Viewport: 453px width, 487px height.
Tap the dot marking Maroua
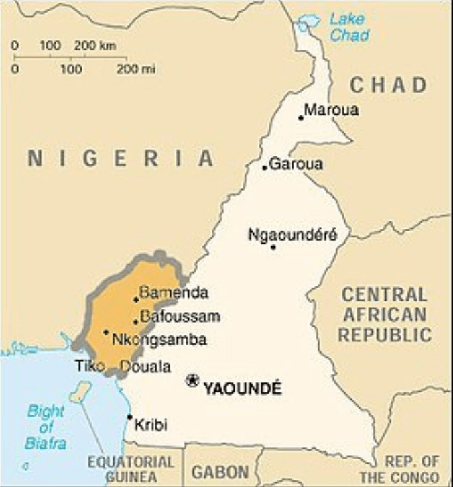[x=301, y=118]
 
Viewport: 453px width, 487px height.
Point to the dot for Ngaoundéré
[x=273, y=247]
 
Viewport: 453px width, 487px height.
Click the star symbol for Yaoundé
[x=192, y=380]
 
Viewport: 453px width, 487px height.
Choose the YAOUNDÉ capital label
[x=242, y=388]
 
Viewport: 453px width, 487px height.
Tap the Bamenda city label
[x=174, y=292]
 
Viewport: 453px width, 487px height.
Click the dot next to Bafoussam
[x=136, y=321]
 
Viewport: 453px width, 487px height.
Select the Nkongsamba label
[x=159, y=339]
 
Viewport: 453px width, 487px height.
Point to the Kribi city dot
[x=130, y=417]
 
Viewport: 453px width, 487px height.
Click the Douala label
[x=145, y=367]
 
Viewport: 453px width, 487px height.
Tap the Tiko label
[x=90, y=366]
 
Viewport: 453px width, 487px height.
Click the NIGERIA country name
[x=121, y=159]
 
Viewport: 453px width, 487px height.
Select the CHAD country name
[x=389, y=85]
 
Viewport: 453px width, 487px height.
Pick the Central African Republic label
[x=384, y=315]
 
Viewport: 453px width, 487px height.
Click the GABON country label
[x=220, y=472]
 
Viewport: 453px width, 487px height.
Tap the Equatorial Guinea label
[x=131, y=469]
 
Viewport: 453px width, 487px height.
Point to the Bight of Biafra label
[x=46, y=427]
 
